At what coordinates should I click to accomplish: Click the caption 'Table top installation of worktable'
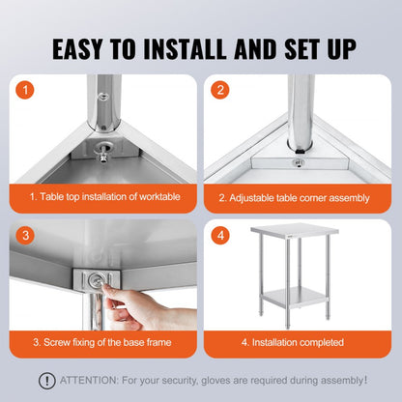coord(106,197)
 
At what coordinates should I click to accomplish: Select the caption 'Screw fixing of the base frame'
coord(106,342)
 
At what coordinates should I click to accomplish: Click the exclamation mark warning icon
coord(46,381)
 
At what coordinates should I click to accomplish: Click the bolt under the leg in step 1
coord(102,151)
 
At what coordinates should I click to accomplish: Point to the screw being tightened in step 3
coord(96,281)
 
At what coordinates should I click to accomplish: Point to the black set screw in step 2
coord(301,150)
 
